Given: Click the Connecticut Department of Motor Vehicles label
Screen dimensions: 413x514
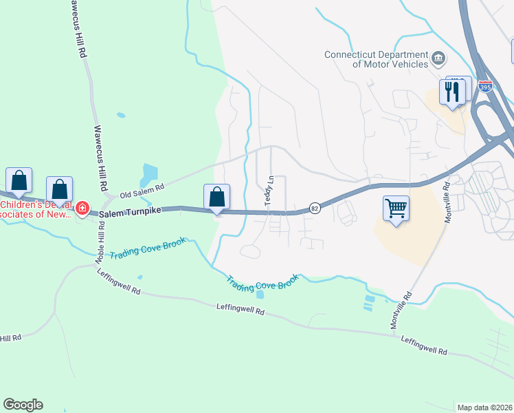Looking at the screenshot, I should coord(375,59).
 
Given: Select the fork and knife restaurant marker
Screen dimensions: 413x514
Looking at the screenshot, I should coord(454,92).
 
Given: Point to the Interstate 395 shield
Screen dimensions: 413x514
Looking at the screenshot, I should coord(485,85).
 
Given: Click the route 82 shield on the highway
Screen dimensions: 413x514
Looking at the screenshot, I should coord(314,208).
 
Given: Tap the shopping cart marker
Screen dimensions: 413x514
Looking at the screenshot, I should coord(396,207).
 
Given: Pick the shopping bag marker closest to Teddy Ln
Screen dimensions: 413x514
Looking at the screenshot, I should coord(217,197).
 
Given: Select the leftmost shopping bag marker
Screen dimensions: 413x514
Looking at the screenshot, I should coord(19,180).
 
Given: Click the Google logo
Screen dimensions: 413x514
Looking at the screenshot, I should coord(23,404).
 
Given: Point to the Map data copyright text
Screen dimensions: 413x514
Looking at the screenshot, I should coord(484,407).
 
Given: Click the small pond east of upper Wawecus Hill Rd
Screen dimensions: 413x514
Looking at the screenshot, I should coord(122,115).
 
